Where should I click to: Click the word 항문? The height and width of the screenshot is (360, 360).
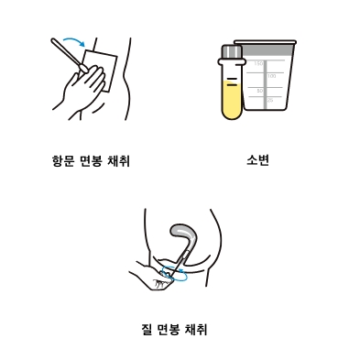click(63, 160)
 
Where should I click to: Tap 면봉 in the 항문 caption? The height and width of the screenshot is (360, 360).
click(91, 160)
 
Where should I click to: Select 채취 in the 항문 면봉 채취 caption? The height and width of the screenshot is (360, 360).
click(119, 160)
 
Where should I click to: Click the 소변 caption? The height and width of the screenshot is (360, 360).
click(257, 160)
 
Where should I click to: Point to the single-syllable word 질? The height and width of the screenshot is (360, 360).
click(147, 330)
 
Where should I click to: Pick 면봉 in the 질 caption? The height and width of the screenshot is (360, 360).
click(169, 330)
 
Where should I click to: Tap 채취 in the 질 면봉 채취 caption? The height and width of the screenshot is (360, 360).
click(196, 330)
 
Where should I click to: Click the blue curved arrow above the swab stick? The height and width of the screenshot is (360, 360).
click(74, 40)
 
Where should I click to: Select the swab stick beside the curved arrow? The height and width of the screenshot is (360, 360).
click(69, 55)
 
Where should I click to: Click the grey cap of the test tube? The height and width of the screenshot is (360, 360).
click(232, 52)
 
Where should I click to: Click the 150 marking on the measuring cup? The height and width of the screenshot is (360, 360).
click(258, 63)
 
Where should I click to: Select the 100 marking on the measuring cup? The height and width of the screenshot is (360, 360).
click(272, 76)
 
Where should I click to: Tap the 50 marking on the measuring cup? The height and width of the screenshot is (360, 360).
click(260, 91)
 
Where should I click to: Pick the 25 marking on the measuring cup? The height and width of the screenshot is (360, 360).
click(270, 100)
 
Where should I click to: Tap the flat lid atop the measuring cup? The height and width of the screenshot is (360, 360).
click(265, 42)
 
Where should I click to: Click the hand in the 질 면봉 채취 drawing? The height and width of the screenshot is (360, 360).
click(153, 277)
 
